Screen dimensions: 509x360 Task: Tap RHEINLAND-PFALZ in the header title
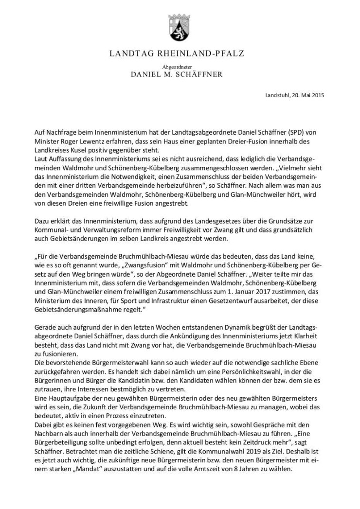(x=199, y=53)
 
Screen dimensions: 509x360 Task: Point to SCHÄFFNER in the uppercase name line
(x=199, y=75)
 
